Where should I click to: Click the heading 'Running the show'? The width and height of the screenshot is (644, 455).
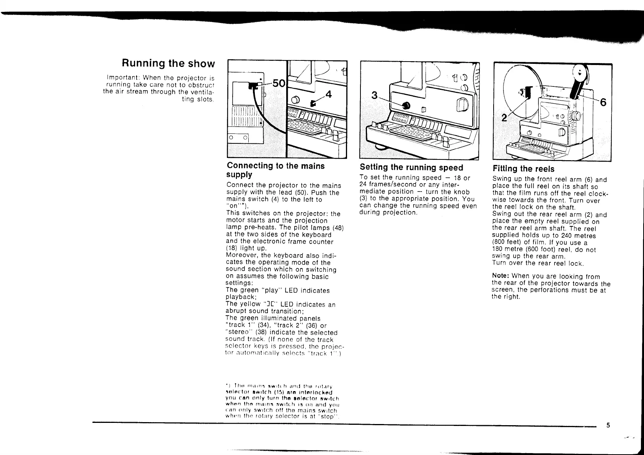click(x=168, y=63)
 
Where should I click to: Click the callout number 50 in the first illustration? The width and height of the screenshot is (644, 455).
click(x=278, y=83)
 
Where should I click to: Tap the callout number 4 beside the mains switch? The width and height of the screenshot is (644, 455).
click(x=328, y=94)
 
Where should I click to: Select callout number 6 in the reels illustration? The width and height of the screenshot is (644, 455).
click(x=603, y=102)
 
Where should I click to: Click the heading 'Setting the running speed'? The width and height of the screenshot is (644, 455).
click(x=411, y=167)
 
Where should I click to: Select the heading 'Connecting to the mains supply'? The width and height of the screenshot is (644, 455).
click(x=276, y=170)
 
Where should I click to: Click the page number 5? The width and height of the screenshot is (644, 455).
click(x=608, y=425)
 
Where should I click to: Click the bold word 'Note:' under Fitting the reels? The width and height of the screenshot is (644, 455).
click(x=501, y=276)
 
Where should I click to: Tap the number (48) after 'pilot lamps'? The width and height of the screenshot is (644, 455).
click(x=337, y=228)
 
